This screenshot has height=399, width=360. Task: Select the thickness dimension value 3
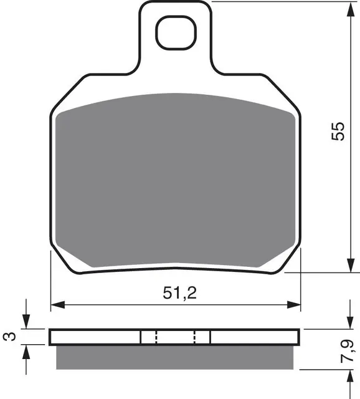point(7,337)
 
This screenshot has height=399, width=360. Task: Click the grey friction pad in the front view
point(174,181)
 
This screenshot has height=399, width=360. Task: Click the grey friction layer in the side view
point(174,356)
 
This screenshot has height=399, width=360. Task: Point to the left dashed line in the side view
point(155,337)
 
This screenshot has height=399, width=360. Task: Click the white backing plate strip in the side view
point(93,337)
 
